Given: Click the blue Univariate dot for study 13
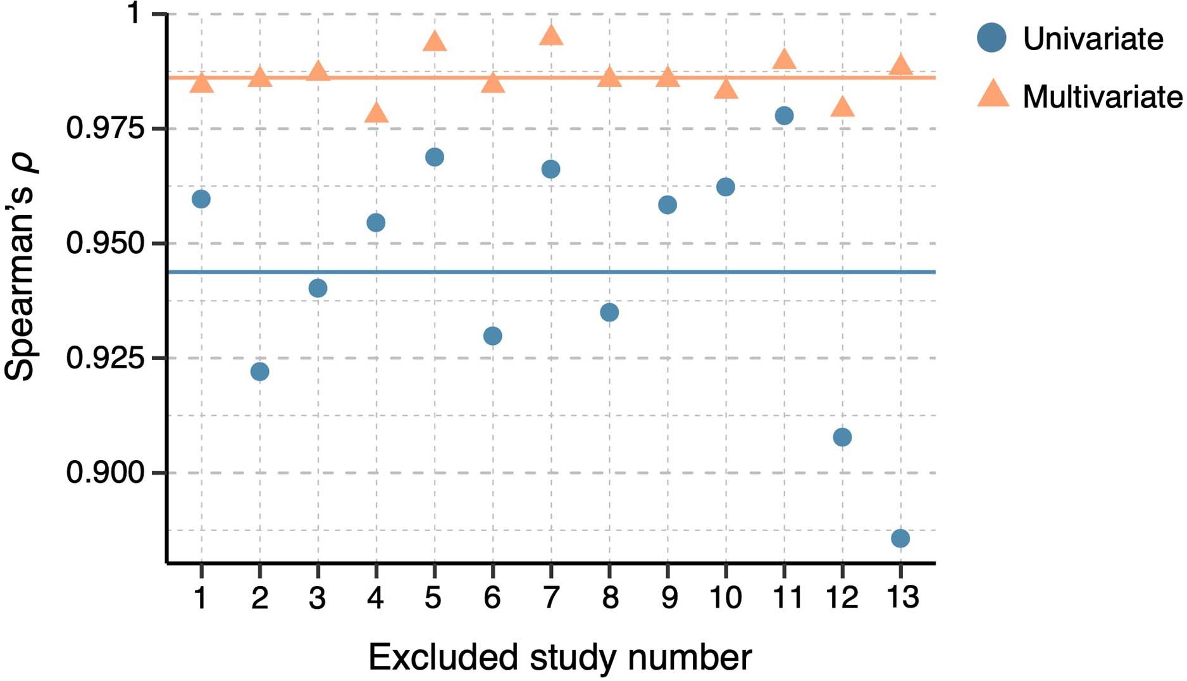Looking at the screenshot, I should tap(900, 539).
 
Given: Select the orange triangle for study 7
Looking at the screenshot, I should tap(551, 36).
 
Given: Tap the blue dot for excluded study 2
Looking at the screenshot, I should tap(259, 372).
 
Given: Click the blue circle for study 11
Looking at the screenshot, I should tap(784, 116).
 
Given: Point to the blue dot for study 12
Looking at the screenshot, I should tap(842, 437).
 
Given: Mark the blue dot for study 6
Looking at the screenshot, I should tap(492, 336).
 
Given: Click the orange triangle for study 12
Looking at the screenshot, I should tap(842, 108).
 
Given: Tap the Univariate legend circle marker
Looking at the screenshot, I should tap(991, 38).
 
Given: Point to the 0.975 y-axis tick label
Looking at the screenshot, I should tap(106, 128).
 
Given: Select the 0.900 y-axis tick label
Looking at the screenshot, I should tap(106, 473).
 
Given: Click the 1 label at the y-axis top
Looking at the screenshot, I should tap(134, 13).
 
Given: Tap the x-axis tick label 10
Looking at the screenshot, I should tap(725, 597).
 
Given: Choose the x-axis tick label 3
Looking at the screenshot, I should tap(317, 597).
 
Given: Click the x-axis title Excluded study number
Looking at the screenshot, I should tap(560, 657).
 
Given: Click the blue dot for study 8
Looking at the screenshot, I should tap(609, 312).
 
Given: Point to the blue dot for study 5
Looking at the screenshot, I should tap(435, 157).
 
